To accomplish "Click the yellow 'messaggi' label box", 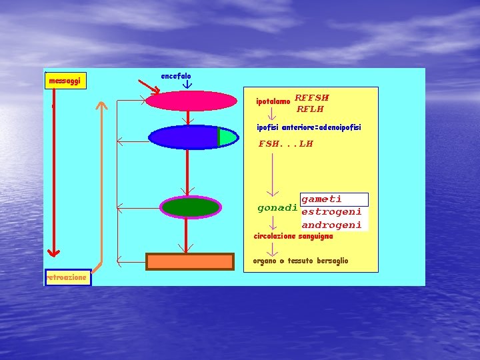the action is (65, 81).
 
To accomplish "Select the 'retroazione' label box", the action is (67, 277).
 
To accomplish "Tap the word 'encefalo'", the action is (176, 77).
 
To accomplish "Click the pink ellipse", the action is (191, 101).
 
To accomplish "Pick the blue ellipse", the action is (184, 137).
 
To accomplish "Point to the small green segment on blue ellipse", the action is (227, 137).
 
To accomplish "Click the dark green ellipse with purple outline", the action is (191, 207).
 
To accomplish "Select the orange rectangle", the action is (190, 261).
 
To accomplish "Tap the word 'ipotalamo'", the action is (273, 102).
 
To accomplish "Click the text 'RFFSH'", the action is (312, 97).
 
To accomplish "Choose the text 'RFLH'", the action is (310, 109).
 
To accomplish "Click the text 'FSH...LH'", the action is (286, 143).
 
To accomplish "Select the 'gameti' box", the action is (334, 199).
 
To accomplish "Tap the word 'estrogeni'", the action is (331, 212).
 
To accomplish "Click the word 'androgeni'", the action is (331, 225).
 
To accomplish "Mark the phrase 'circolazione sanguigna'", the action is (293, 236).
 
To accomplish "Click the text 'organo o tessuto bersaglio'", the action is (301, 261).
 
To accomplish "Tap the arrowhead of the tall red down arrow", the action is (54, 252).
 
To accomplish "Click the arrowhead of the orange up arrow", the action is (101, 105).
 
